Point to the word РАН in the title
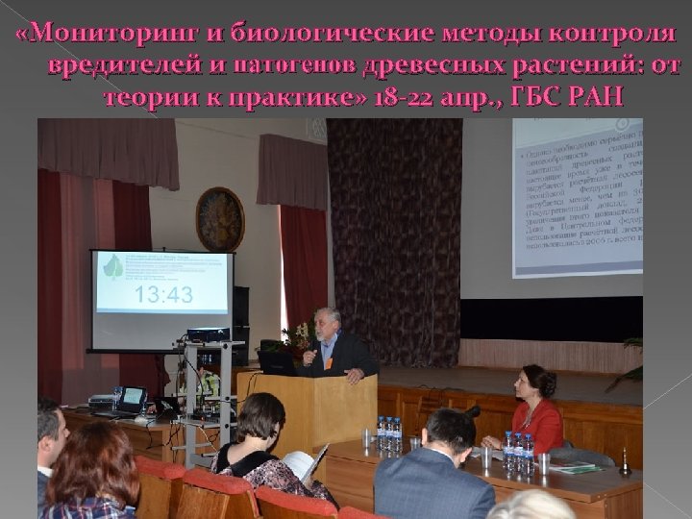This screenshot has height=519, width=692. (592, 98)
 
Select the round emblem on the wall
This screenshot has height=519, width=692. (220, 218)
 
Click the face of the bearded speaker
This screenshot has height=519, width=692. (327, 326)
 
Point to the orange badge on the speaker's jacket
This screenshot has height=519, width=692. (329, 362)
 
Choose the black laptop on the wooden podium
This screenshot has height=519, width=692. (277, 363)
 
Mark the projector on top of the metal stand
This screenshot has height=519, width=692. (209, 334)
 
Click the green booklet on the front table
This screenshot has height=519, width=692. (574, 467)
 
